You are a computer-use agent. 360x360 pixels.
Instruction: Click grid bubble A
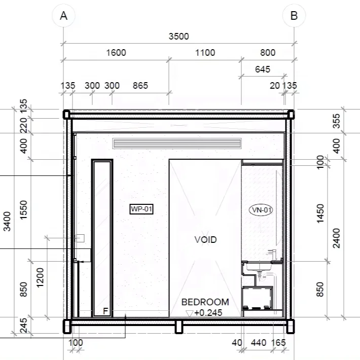click(63, 16)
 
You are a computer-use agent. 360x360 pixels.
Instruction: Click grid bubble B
click(294, 16)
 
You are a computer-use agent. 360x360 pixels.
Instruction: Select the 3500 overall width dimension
click(178, 37)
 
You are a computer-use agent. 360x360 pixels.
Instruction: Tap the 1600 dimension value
click(116, 53)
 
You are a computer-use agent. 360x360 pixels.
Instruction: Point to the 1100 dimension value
click(205, 53)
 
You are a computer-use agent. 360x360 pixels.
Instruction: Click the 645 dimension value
click(263, 69)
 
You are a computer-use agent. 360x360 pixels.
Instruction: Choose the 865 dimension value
click(140, 85)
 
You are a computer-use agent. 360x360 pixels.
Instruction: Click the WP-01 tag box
click(141, 209)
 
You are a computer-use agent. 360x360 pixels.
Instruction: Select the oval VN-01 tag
click(261, 210)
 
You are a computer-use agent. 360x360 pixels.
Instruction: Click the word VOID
click(205, 239)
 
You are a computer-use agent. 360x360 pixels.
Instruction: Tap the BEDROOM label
click(205, 302)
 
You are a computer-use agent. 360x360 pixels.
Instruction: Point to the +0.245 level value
click(208, 313)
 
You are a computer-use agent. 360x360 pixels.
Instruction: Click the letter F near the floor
click(105, 311)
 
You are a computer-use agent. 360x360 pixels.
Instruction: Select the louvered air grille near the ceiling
click(177, 143)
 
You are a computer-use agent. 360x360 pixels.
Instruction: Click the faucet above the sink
click(272, 254)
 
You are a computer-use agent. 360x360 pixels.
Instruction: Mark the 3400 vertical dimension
click(7, 222)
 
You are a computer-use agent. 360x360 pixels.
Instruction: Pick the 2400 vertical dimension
click(336, 238)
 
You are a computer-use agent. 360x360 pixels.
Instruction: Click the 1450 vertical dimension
click(320, 213)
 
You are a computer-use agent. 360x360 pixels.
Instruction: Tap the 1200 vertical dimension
click(40, 277)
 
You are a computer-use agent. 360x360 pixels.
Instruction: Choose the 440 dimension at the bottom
click(259, 343)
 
